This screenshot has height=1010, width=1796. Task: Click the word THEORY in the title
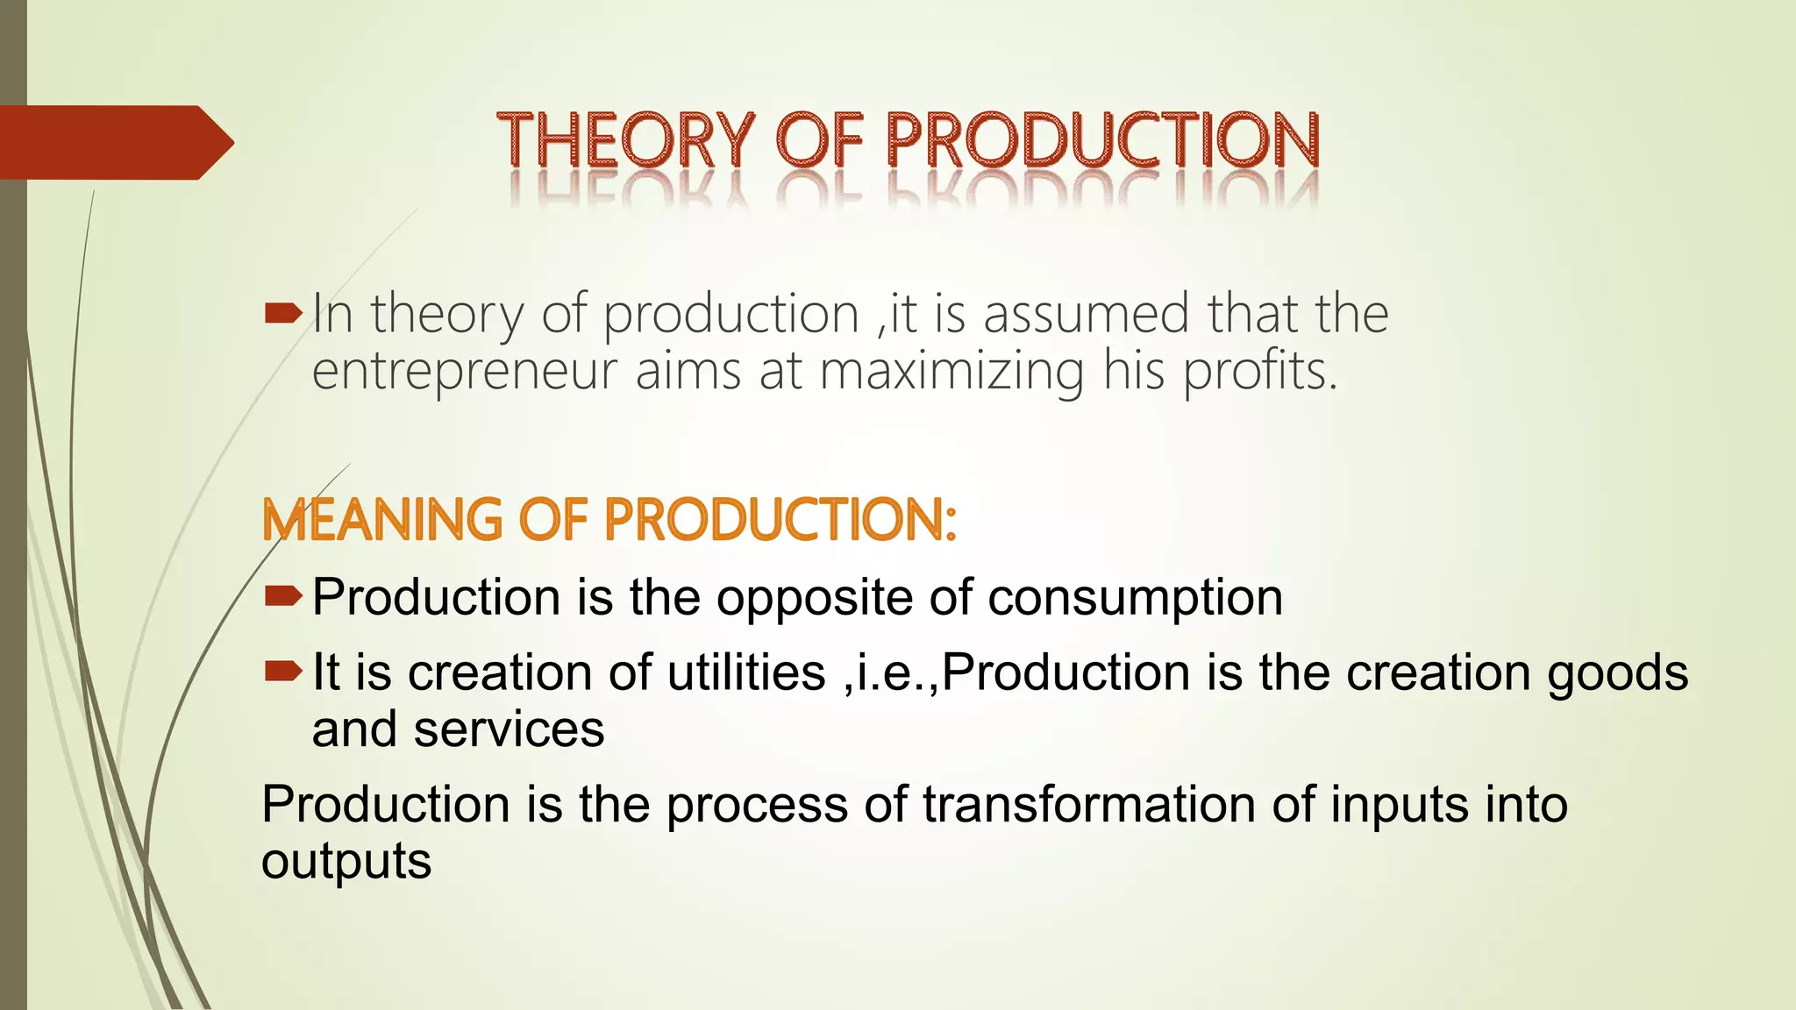pos(624,140)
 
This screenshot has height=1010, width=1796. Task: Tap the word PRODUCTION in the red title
pos(1102,140)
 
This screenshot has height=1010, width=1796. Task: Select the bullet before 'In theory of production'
pos(282,313)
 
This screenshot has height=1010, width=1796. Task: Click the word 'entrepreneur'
pos(466,371)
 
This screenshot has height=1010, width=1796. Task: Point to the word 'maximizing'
pos(952,371)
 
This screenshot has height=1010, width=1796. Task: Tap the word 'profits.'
pos(1261,371)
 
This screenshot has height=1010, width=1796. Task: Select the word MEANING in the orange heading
pos(382,520)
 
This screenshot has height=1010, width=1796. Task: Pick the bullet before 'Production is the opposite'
pos(282,597)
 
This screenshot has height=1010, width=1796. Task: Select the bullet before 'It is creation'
pos(282,672)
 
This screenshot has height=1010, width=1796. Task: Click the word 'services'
pos(509,729)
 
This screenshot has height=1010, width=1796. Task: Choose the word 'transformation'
pos(1088,804)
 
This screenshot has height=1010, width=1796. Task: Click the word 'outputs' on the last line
pos(346,862)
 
